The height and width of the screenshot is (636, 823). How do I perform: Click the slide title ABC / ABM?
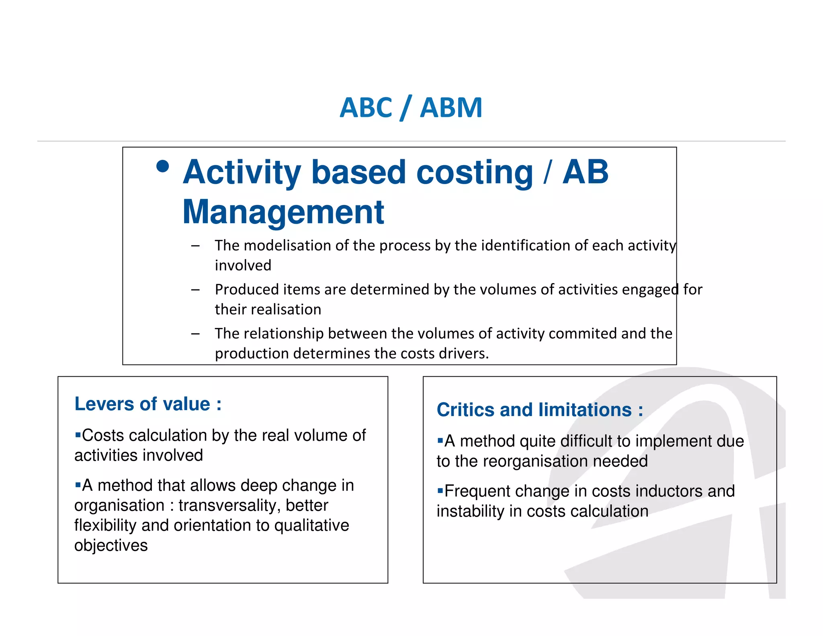411,108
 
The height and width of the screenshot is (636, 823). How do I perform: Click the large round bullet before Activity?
162,166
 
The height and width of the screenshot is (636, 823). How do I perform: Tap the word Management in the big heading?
283,212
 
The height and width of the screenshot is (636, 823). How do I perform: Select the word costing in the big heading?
475,173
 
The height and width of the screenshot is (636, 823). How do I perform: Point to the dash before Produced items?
195,289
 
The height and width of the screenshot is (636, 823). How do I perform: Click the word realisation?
288,310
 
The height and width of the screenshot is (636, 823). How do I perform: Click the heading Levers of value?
147,404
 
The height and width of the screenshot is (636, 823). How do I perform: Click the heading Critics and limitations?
540,410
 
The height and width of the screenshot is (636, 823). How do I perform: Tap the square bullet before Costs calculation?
78,435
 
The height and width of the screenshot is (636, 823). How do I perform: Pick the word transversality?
229,506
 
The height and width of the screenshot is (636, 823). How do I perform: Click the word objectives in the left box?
111,546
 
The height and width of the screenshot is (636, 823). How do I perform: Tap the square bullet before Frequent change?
440,490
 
